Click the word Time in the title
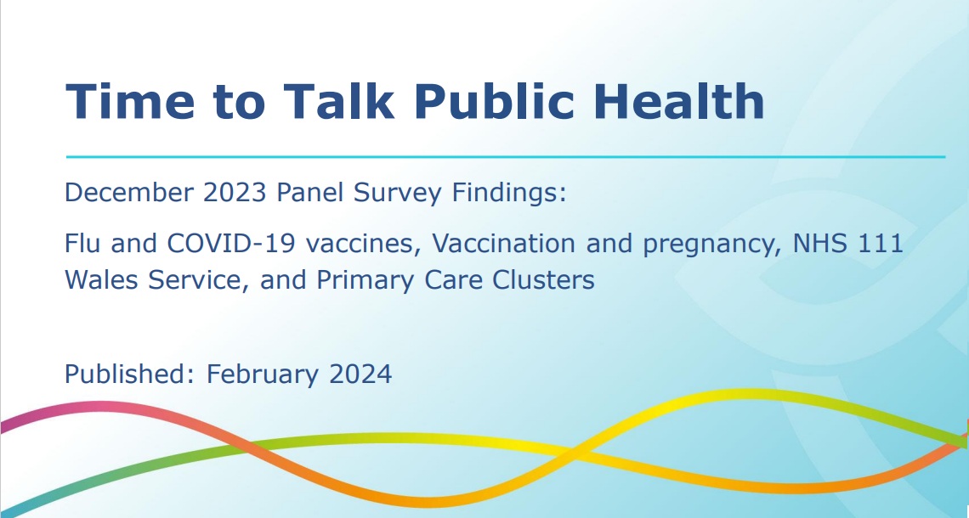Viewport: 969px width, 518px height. pyautogui.click(x=130, y=101)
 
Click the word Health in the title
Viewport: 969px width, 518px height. pyautogui.click(x=679, y=101)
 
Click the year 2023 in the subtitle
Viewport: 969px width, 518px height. pyautogui.click(x=235, y=193)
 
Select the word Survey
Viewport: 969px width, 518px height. pyautogui.click(x=397, y=194)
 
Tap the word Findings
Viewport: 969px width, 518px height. pyautogui.click(x=508, y=194)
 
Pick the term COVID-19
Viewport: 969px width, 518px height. pyautogui.click(x=231, y=243)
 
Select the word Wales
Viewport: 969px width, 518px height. pyautogui.click(x=101, y=279)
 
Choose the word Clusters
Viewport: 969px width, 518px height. pyautogui.click(x=543, y=279)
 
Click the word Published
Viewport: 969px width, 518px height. pyautogui.click(x=130, y=374)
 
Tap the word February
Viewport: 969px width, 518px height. pyautogui.click(x=263, y=375)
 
